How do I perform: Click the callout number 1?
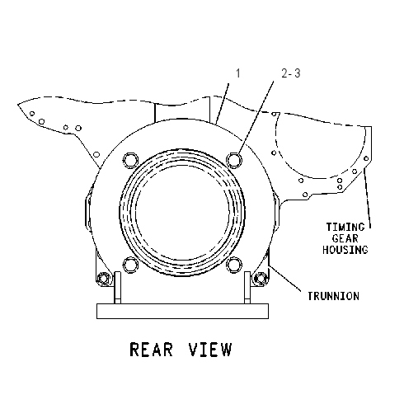click(x=238, y=73)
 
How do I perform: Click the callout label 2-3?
click(x=291, y=73)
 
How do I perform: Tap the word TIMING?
click(x=345, y=227)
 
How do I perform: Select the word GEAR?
click(x=345, y=238)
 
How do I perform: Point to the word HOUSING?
click(x=345, y=250)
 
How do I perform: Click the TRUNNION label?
click(x=333, y=296)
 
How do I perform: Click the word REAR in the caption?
click(x=151, y=350)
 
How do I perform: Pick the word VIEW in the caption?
click(x=210, y=350)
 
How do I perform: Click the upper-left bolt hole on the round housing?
click(x=130, y=160)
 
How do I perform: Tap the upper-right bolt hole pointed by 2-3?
click(x=234, y=160)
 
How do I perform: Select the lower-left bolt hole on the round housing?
click(x=130, y=265)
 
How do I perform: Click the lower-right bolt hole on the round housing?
click(x=234, y=265)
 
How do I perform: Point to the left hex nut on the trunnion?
click(x=103, y=279)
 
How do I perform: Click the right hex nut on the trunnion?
click(x=260, y=279)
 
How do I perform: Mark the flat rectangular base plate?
click(x=182, y=311)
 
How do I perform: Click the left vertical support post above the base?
click(x=117, y=288)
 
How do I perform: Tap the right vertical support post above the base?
click(x=247, y=288)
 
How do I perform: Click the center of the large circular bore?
click(x=182, y=213)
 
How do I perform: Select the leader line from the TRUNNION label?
click(x=284, y=278)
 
